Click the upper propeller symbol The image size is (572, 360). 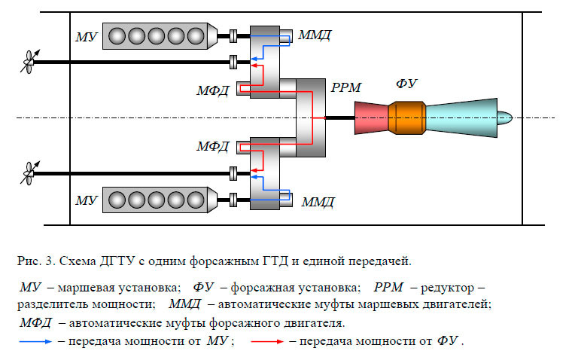29,61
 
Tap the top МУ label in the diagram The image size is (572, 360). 87,36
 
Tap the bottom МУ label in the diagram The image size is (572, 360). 87,200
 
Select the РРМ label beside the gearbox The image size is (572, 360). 346,88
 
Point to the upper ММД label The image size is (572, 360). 314,35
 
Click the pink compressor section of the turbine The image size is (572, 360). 370,117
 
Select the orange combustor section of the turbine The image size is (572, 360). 411,117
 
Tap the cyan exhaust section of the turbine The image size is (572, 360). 467,117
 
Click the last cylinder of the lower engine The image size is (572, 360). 196,200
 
